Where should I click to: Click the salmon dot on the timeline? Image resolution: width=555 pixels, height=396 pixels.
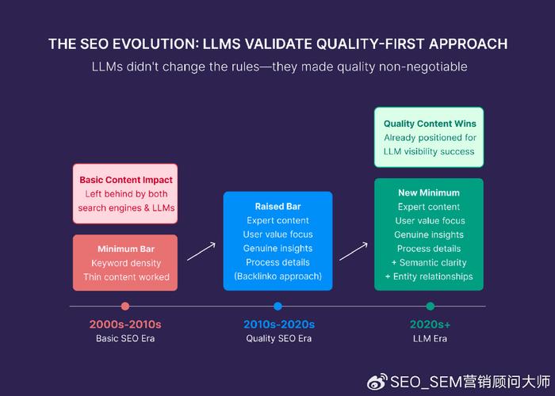pos(125,307)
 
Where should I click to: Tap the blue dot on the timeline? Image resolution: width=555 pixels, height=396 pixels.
pos(277,307)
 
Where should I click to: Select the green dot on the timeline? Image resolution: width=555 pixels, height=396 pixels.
pos(431,307)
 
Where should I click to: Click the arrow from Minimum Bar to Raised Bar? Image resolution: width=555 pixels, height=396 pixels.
pos(201,251)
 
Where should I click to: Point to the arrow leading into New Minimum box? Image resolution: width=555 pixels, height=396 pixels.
pos(354,251)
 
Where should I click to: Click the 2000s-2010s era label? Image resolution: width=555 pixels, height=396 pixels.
pos(125,324)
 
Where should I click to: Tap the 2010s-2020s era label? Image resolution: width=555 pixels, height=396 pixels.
pos(279,324)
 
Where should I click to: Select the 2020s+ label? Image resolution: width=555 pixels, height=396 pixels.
pos(430,324)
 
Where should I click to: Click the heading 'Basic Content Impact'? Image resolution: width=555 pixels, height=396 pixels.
pos(126,180)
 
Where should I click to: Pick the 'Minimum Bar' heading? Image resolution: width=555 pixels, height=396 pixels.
pos(126,249)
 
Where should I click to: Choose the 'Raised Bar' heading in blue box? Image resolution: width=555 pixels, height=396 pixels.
pos(277,207)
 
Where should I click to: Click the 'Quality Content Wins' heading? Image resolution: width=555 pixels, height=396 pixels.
pos(430,124)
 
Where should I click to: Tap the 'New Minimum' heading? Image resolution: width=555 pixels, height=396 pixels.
pos(429,192)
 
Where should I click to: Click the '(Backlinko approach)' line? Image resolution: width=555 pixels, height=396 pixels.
pos(277,276)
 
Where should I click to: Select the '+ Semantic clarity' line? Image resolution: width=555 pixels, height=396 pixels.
pos(429,263)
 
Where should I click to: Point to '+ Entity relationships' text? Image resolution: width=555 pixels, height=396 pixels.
pos(429,276)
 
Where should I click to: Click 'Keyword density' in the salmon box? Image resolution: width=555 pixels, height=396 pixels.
pos(126,263)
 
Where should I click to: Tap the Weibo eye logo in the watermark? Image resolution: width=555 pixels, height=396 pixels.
pos(377,382)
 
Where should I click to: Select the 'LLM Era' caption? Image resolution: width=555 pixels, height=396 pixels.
pos(430,338)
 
